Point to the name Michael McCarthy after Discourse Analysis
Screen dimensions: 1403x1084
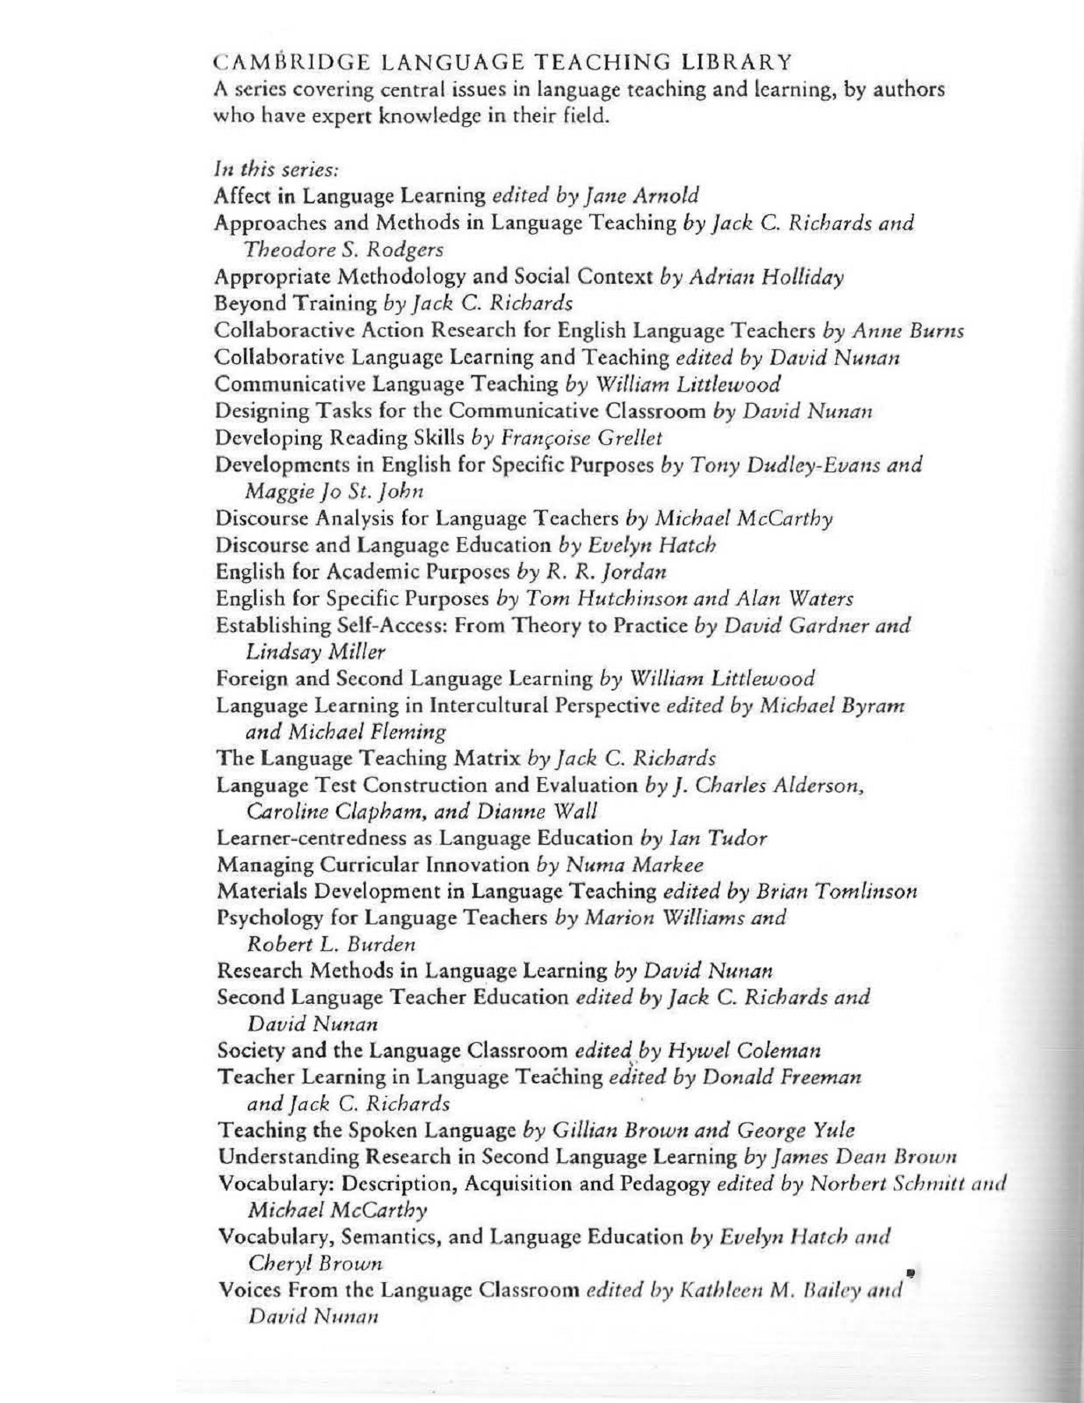point(743,518)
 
